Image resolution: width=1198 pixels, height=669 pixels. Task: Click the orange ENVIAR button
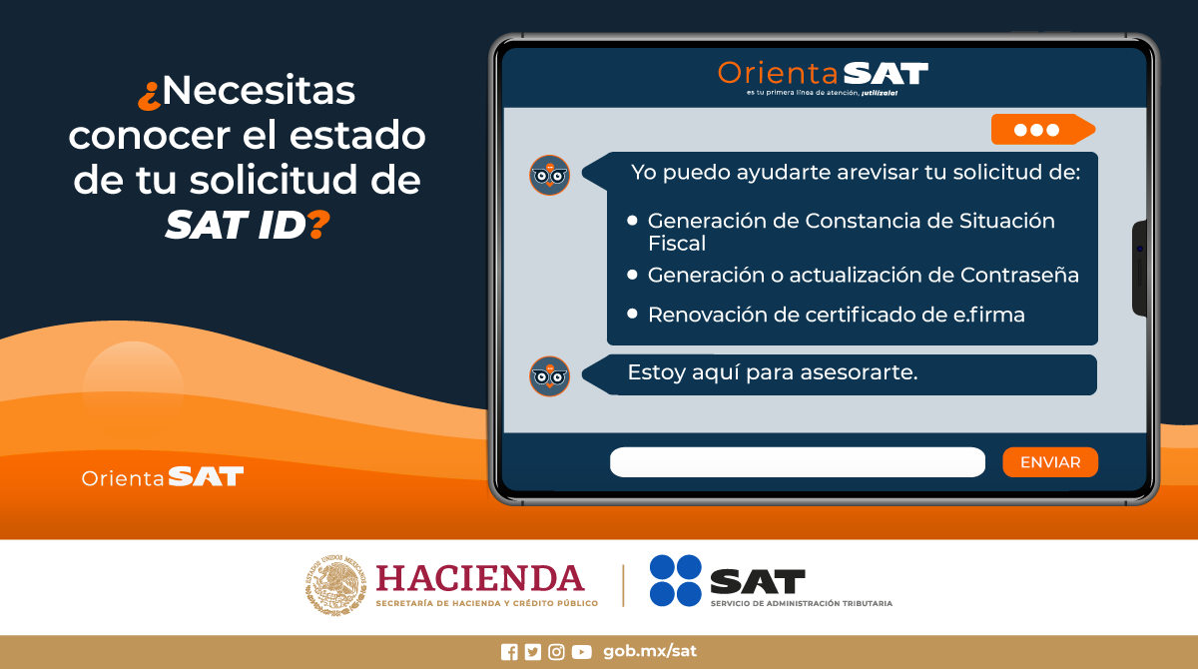[x=1049, y=462]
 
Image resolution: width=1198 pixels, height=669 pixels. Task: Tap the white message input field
[x=797, y=462]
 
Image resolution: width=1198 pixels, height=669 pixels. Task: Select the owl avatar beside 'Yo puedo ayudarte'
[x=549, y=175]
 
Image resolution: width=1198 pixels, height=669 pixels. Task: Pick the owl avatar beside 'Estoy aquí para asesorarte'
[x=549, y=375]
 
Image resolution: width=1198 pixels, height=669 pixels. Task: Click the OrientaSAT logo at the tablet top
[x=823, y=74]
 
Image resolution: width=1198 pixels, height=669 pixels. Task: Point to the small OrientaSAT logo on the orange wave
[x=163, y=476]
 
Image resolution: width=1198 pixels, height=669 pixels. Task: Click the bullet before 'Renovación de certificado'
[x=632, y=314]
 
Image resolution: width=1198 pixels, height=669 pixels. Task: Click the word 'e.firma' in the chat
[x=988, y=315]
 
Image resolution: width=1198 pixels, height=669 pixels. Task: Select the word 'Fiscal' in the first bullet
[x=677, y=243]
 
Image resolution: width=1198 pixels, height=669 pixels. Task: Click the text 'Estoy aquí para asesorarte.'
[x=772, y=373]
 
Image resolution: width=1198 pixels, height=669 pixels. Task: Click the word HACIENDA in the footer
[x=479, y=578]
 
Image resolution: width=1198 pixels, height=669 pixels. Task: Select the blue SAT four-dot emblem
[x=676, y=581]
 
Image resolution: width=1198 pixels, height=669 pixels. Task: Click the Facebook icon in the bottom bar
[x=509, y=652]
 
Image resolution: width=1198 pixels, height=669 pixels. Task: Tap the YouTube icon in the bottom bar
[x=581, y=652]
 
